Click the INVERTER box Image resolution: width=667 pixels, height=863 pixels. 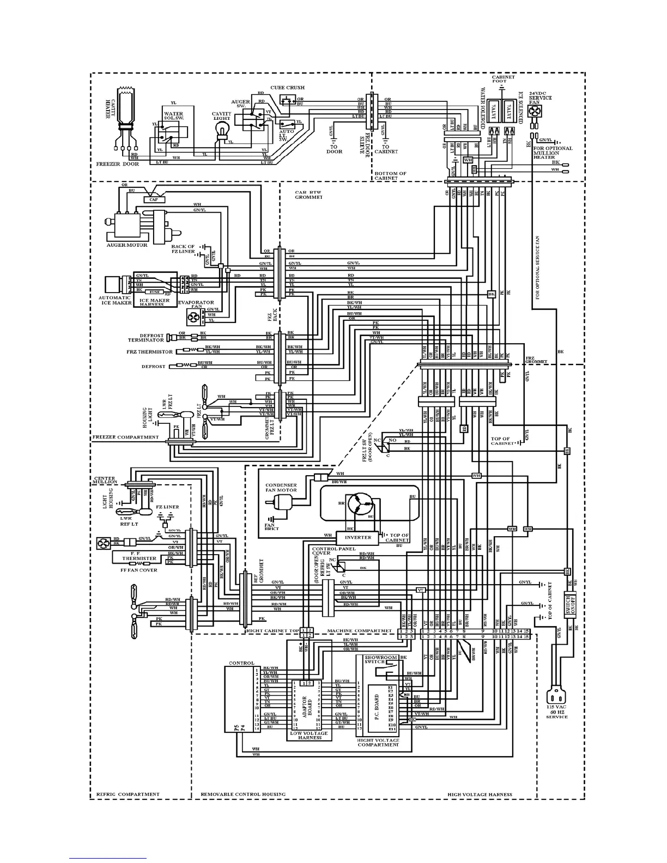pos(358,537)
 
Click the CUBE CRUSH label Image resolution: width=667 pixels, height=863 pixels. pos(287,88)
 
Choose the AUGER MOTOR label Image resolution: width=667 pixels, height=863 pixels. pos(126,245)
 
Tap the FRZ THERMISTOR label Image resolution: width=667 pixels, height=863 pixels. pos(150,351)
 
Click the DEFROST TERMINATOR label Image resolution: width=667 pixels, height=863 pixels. pos(144,337)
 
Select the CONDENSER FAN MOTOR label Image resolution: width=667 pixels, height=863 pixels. pos(281,488)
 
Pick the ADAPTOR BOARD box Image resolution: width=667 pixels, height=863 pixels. pos(306,703)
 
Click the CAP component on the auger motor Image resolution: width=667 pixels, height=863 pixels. pos(154,200)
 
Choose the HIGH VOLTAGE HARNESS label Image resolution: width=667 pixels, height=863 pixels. pos(480,794)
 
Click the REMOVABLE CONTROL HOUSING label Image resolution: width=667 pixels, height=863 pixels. pos(243,794)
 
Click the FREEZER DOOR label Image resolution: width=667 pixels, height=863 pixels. pos(118,163)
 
